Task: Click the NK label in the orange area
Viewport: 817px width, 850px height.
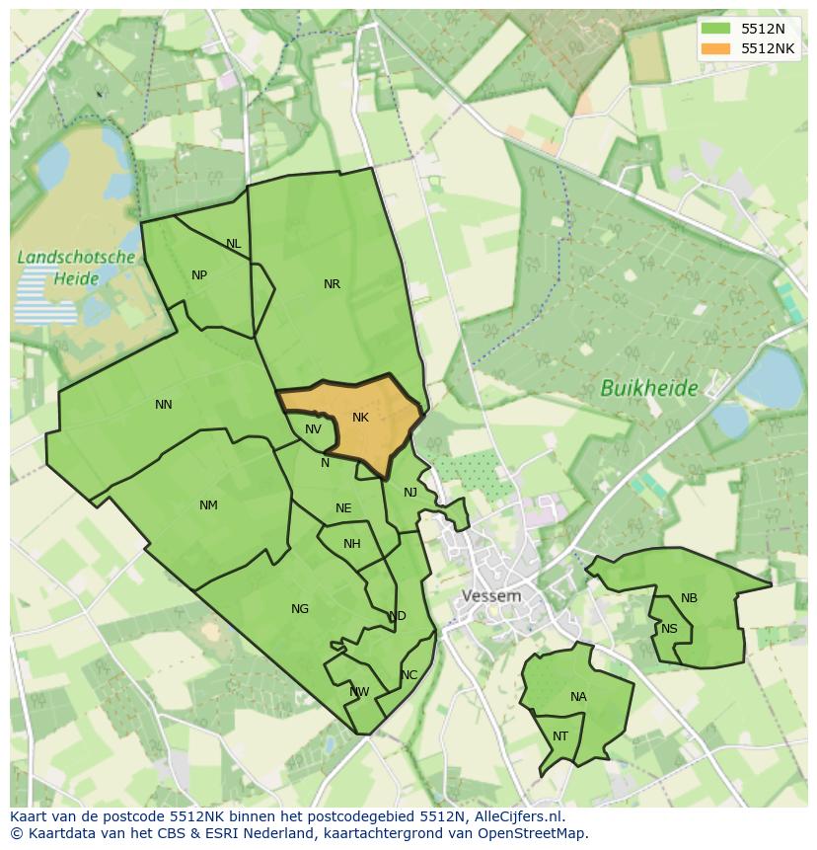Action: [360, 418]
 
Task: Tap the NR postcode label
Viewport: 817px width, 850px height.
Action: [332, 284]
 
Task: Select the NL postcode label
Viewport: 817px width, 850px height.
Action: [233, 244]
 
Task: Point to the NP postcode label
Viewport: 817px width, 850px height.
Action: [199, 275]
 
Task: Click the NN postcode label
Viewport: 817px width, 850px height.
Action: [164, 404]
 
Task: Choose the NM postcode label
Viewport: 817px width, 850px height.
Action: [208, 505]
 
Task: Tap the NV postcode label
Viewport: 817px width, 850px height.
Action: [313, 429]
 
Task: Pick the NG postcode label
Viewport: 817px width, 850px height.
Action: [300, 609]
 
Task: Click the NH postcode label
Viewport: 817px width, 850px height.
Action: [352, 544]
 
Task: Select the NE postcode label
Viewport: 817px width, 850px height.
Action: [343, 508]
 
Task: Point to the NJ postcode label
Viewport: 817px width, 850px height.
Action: [410, 492]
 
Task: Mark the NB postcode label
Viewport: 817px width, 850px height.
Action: [689, 598]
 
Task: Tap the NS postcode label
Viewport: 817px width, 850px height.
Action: [670, 629]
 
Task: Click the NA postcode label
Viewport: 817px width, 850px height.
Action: [578, 697]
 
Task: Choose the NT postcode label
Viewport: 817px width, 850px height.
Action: [560, 736]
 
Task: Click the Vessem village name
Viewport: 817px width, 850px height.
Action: [491, 596]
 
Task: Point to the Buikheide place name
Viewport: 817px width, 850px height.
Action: [649, 388]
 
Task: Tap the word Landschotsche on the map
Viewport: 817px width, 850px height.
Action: [76, 257]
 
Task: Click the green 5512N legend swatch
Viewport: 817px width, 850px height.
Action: [715, 29]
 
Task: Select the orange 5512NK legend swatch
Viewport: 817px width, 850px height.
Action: [715, 48]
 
